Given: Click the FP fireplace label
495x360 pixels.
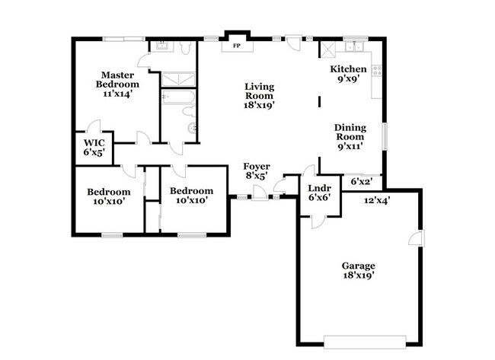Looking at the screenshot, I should coord(237,46).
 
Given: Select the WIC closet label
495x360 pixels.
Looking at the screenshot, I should coord(94,148).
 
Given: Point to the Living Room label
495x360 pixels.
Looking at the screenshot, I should coord(259,96).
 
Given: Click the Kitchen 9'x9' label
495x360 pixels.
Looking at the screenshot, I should coord(348,74).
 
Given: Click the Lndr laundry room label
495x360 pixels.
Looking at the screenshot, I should coord(318,192).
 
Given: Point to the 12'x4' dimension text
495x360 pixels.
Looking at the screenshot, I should coord(377,201).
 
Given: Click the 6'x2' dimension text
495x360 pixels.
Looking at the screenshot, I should coord(362,181).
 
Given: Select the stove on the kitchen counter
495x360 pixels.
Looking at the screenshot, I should coord(376,72).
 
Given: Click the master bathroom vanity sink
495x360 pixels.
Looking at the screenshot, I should coord(162,46).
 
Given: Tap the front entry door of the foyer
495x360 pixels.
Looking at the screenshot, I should coord(260,198).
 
